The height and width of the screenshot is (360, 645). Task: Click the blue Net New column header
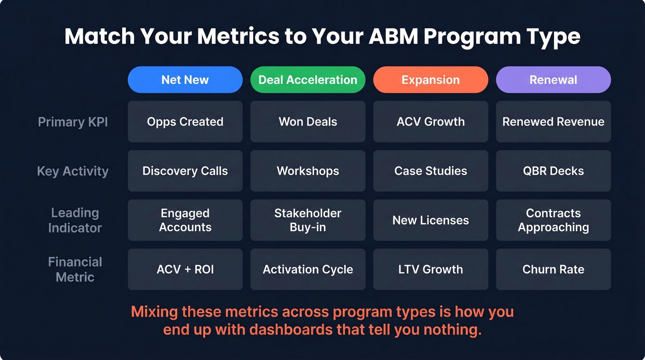185,80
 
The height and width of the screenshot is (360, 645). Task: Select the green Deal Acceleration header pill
308,80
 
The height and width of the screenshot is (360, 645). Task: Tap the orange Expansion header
430,80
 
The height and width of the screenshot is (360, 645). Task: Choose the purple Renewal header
553,80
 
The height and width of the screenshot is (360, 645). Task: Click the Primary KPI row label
73,122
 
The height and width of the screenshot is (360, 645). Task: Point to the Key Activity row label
73,171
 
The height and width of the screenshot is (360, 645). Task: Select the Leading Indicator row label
75,220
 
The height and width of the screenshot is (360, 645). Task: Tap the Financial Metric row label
75,269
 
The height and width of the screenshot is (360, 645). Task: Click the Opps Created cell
185,122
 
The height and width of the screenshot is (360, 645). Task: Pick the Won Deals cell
308,122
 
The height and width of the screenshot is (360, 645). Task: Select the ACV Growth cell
430,122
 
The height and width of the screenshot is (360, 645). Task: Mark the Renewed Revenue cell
553,122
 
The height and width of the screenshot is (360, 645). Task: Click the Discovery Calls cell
185,171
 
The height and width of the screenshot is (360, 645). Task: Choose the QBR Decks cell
553,171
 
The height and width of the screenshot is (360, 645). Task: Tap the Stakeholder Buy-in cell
308,220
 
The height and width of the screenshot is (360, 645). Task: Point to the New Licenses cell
430,220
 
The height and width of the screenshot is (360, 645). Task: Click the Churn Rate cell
553,269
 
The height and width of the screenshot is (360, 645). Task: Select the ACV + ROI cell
185,269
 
